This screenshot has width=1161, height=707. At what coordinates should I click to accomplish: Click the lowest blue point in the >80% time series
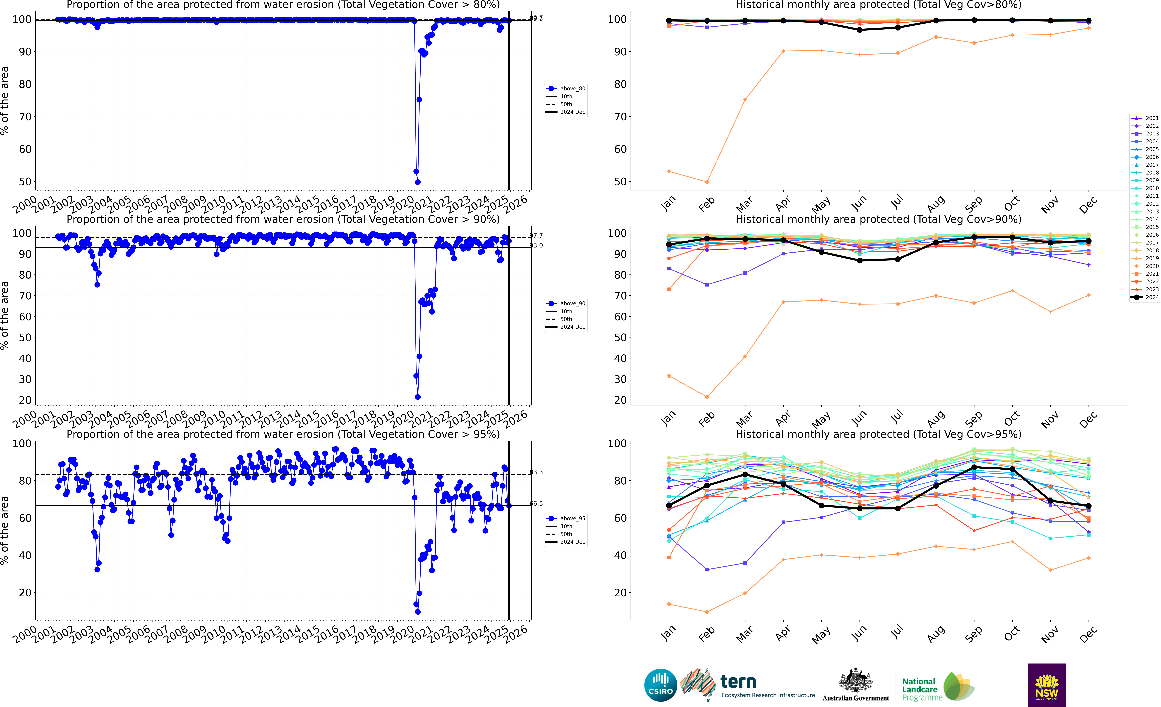(417, 182)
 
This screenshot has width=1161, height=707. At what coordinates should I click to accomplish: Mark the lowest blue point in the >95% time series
(417, 612)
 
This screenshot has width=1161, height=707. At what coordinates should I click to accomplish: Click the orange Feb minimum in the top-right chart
(707, 182)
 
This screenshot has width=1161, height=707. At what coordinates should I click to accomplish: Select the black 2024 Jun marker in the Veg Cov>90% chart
(859, 260)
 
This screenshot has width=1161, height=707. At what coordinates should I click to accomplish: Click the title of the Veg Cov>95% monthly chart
(878, 434)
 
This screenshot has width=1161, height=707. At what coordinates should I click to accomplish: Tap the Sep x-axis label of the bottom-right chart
(973, 634)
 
